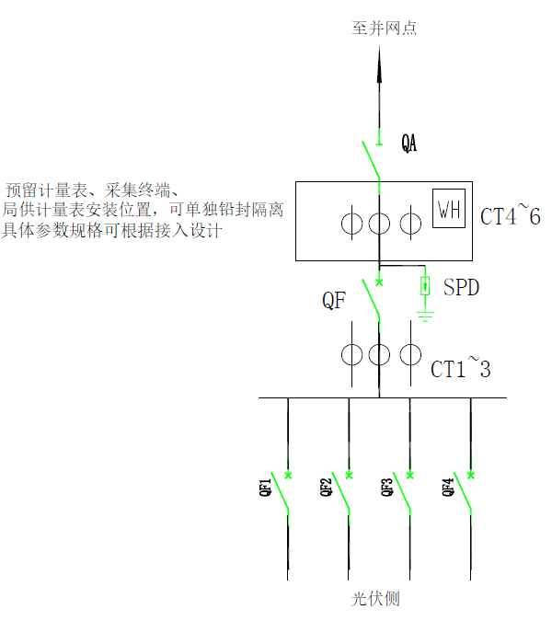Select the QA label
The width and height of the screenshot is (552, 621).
[409, 144]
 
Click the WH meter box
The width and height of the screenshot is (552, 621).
[449, 211]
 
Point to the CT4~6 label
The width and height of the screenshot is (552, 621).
[511, 217]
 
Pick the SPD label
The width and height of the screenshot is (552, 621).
[461, 288]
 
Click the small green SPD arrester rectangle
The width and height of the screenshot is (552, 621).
[425, 286]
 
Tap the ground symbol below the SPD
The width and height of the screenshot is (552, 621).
[425, 317]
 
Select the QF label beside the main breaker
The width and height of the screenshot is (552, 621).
[333, 300]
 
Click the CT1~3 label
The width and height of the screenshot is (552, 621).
[461, 370]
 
